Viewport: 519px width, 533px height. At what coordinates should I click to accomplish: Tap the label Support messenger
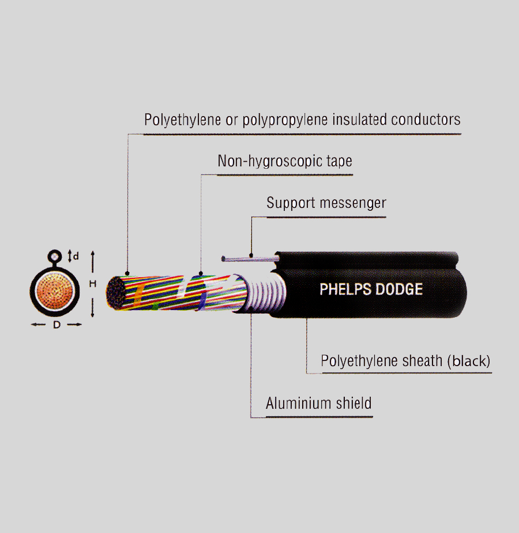tap(326, 203)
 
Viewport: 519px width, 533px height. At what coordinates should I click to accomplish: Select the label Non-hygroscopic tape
tap(284, 161)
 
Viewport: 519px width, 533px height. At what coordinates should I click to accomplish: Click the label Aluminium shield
tap(318, 403)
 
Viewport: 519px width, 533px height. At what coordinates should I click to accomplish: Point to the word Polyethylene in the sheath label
tap(359, 361)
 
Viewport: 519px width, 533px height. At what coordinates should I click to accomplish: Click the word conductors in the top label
tap(426, 120)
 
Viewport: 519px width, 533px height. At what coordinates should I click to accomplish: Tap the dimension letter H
tap(92, 284)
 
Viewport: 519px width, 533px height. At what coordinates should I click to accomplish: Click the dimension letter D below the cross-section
tap(57, 325)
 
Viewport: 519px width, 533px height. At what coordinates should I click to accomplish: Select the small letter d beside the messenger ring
tap(76, 255)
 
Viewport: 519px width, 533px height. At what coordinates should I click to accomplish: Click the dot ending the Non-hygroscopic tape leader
tap(200, 273)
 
